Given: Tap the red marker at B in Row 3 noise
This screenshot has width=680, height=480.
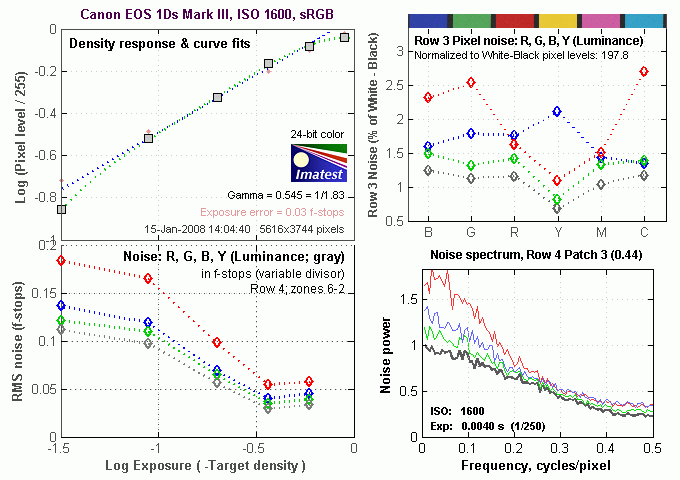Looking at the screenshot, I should pyautogui.click(x=428, y=97).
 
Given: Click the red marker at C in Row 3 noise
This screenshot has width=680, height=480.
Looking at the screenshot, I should pyautogui.click(x=643, y=72).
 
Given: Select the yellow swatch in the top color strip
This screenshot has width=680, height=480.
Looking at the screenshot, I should pyautogui.click(x=557, y=20).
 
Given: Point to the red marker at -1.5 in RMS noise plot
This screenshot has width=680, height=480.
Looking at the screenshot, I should pyautogui.click(x=61, y=260).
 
